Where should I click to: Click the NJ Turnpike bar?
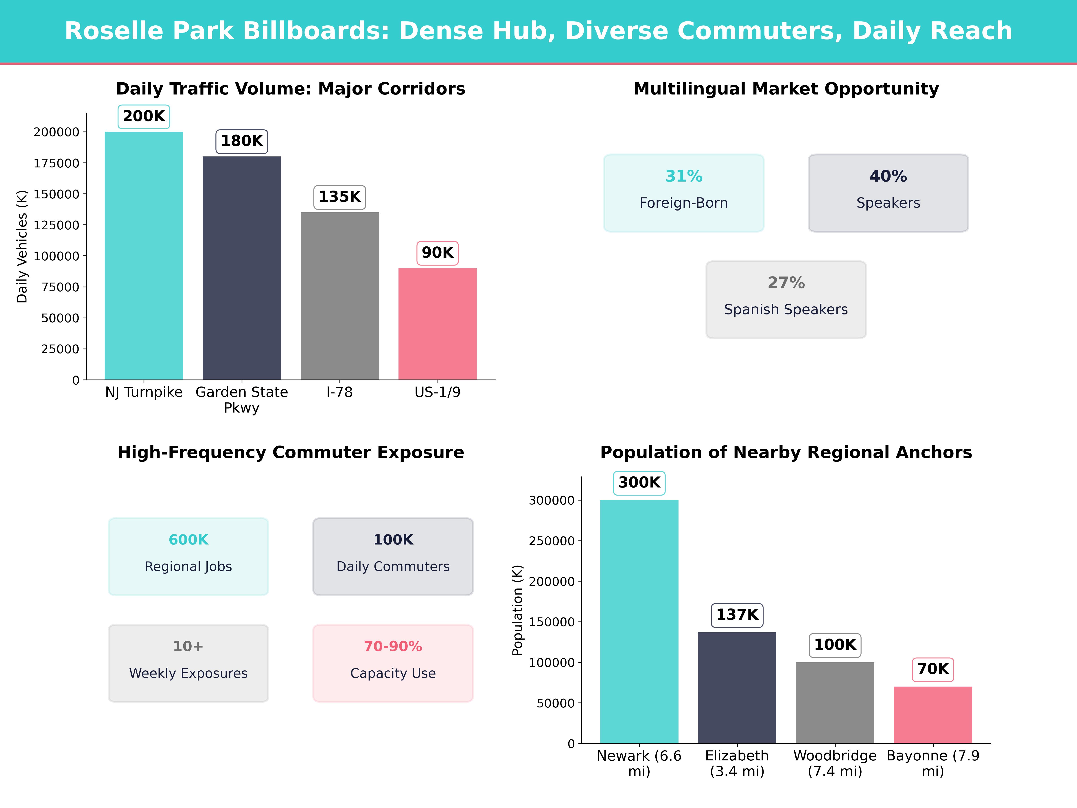click(144, 256)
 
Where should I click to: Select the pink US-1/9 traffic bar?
click(437, 324)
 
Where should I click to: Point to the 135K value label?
click(339, 197)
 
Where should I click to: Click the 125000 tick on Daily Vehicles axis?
click(57, 225)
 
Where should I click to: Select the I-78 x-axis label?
click(339, 392)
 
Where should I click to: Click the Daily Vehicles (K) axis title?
click(22, 246)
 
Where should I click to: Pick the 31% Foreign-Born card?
click(684, 193)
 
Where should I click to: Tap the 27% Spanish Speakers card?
click(786, 300)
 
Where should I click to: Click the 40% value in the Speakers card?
click(888, 176)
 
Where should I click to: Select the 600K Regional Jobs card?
click(188, 556)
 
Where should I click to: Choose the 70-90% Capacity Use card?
click(393, 663)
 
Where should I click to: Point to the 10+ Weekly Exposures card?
click(188, 663)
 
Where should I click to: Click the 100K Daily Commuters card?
click(393, 556)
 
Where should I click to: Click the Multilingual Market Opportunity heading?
click(786, 89)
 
